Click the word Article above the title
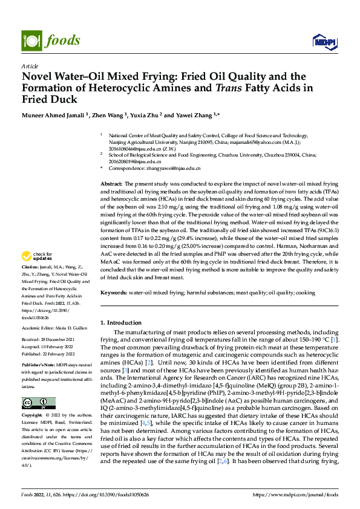point(30,66)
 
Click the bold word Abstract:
point(112,183)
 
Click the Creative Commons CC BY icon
point(34,403)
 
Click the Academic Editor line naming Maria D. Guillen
point(54,328)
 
